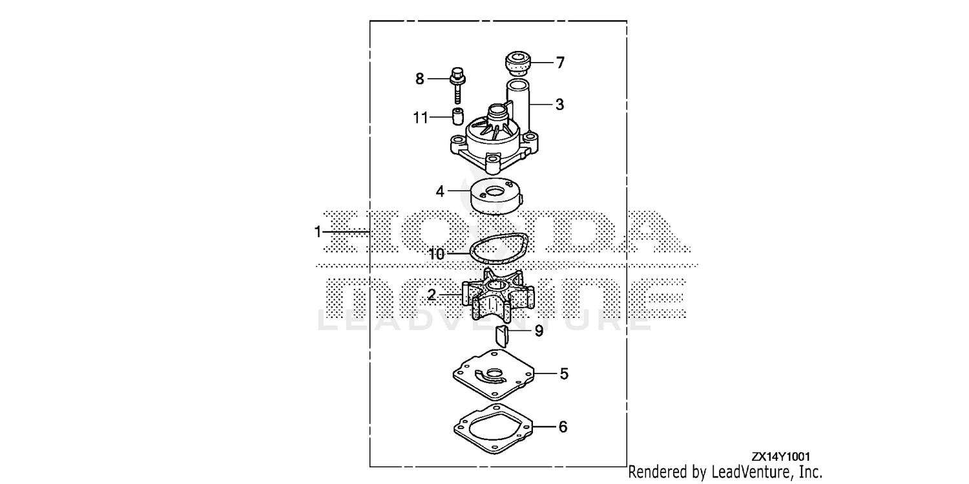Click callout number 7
[x=560, y=63]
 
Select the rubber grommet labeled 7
[x=518, y=62]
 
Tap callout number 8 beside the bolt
[x=420, y=79]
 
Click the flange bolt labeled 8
[x=457, y=85]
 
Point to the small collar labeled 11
[x=457, y=116]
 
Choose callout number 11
[x=421, y=118]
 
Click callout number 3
[x=560, y=104]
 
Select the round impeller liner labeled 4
[x=496, y=197]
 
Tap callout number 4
[x=440, y=191]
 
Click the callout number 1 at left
[x=318, y=232]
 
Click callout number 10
[x=437, y=254]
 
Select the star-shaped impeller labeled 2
[x=498, y=295]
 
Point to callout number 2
[x=432, y=295]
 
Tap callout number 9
[x=539, y=331]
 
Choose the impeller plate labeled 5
[x=494, y=375]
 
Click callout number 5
[x=564, y=374]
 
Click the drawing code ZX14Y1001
[x=780, y=456]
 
